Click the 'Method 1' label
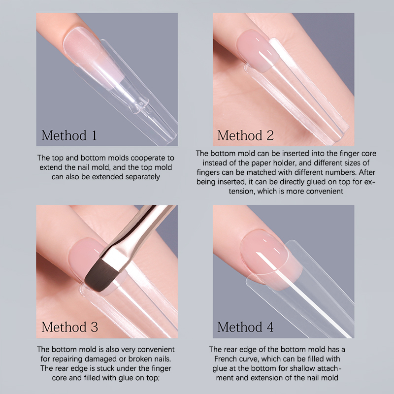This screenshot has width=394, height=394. coord(69,135)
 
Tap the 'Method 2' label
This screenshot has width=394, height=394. coord(245,135)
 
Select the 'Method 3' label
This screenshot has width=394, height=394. coord(69,327)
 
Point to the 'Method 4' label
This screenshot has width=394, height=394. coord(245,327)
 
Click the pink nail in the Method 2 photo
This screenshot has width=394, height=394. coord(257,50)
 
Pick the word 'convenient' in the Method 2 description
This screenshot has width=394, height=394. coord(325,191)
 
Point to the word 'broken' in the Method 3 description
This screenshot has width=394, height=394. coord(140,359)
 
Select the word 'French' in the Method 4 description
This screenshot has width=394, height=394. coord(228,359)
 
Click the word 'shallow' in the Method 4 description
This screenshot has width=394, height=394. coord(303,368)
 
